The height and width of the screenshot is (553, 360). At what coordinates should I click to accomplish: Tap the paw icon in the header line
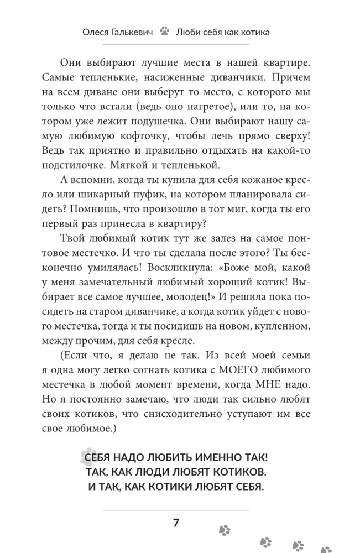[164, 32]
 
